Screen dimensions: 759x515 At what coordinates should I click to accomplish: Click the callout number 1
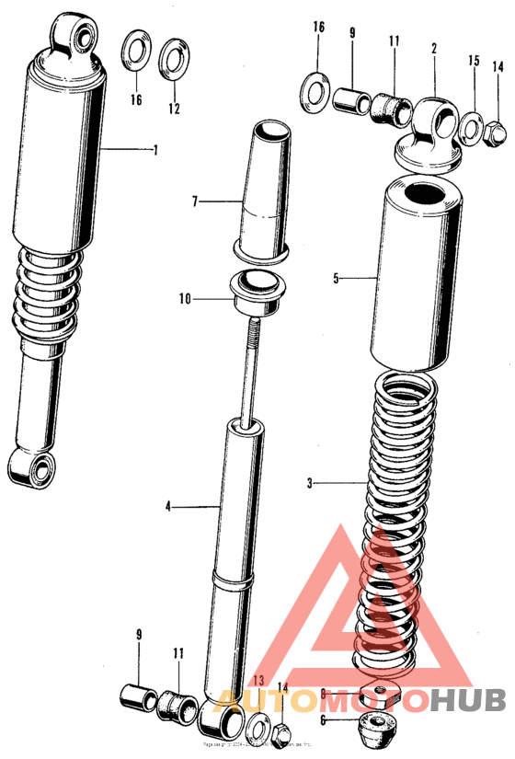155,150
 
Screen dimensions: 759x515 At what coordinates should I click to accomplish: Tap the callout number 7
196,201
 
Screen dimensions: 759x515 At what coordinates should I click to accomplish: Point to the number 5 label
337,277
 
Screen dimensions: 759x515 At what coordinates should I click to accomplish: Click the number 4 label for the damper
168,505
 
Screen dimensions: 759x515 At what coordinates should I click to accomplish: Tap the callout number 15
474,62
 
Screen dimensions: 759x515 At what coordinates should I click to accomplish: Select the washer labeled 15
471,126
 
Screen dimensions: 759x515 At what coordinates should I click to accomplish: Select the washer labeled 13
259,722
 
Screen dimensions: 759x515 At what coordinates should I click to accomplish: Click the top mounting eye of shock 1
76,36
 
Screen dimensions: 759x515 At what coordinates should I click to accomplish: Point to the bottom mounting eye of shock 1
39,471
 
